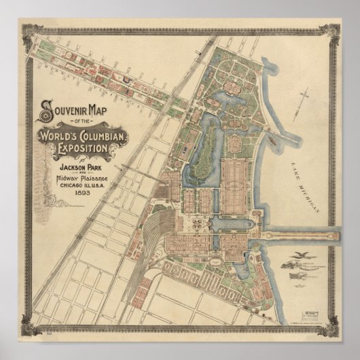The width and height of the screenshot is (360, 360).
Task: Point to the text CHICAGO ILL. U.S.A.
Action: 81,184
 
